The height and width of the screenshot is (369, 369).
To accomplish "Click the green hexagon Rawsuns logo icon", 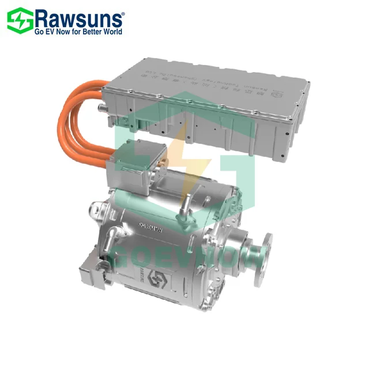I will pyautogui.click(x=19, y=20).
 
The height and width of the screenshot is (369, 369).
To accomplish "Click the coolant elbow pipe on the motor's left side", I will pyautogui.click(x=114, y=236).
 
